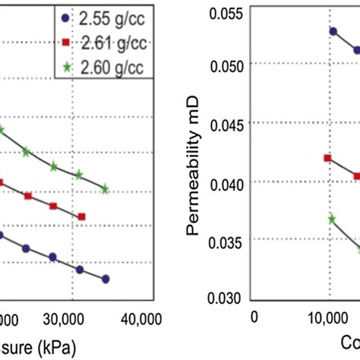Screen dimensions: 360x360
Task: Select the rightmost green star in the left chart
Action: (x=106, y=188)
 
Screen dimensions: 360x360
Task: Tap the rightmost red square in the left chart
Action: (x=81, y=216)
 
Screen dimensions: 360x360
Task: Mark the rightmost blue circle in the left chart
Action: (x=106, y=279)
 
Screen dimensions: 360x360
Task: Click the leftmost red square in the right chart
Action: (x=328, y=158)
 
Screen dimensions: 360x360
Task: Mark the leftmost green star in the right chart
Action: (x=332, y=219)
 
